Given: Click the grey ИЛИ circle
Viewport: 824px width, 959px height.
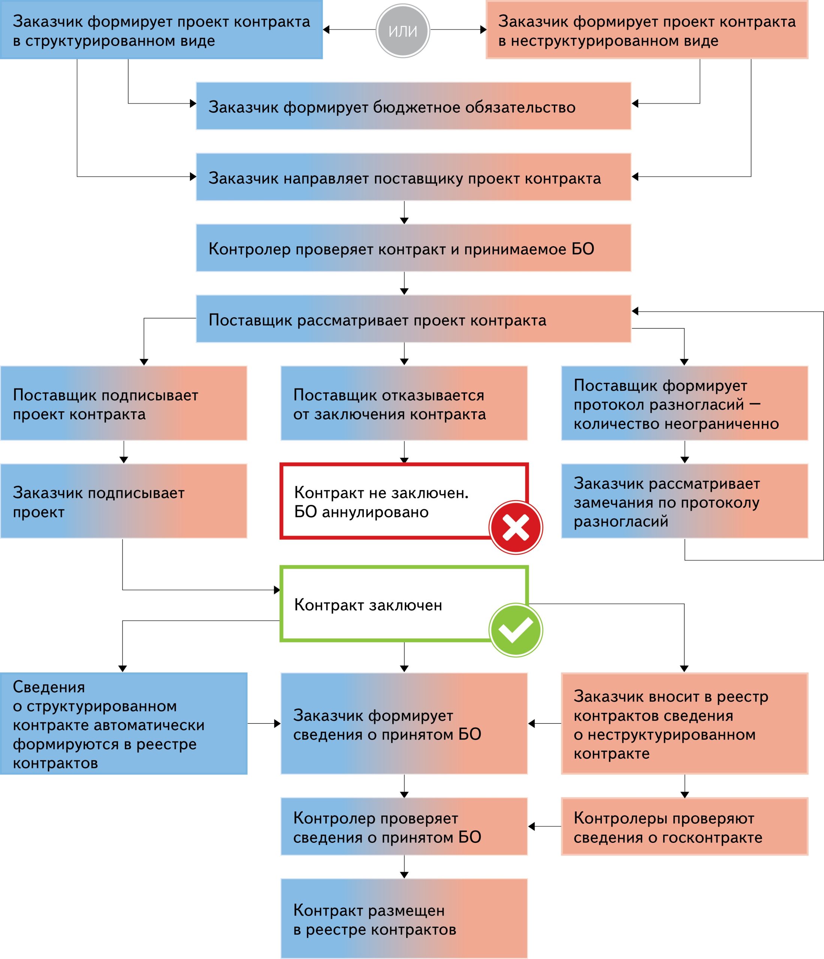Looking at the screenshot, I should click(x=402, y=31).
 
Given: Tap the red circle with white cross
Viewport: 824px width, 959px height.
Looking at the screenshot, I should click(x=515, y=527).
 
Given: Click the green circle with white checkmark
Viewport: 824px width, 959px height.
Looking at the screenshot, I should click(x=515, y=630).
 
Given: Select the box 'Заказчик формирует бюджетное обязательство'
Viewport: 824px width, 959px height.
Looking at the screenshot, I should click(x=413, y=106).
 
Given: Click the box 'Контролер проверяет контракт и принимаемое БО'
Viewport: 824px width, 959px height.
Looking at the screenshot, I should click(x=413, y=248).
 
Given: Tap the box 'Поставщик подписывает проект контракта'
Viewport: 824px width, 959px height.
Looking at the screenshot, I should click(x=124, y=403).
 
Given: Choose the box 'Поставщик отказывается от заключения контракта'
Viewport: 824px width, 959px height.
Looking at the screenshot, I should click(x=404, y=403).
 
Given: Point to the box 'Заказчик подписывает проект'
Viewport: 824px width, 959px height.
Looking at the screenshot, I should click(x=124, y=501).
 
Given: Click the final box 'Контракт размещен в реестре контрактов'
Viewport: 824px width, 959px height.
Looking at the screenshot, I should click(x=404, y=919).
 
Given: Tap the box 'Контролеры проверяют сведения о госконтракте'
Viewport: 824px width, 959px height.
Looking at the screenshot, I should click(x=684, y=827).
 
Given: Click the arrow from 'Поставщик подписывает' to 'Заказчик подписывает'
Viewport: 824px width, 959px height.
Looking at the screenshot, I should click(x=124, y=452).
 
